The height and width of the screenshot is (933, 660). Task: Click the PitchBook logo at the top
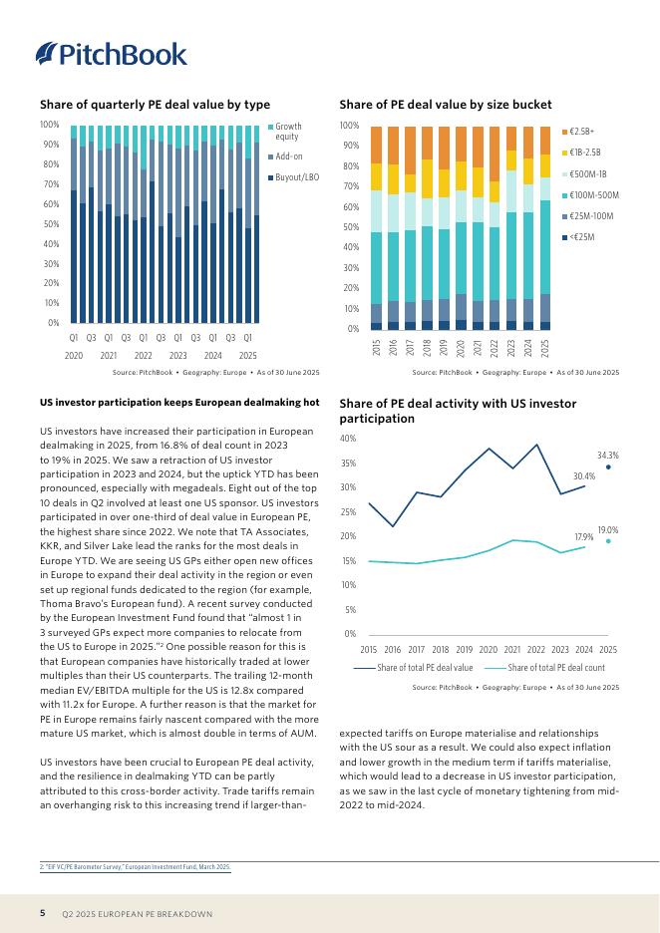(111, 54)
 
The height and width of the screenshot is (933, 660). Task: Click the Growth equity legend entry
(288, 132)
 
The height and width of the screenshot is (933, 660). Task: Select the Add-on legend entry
(288, 156)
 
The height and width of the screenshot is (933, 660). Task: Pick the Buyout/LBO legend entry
(295, 177)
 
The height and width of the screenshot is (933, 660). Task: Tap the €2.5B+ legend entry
(581, 132)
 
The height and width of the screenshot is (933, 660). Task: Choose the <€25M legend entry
(581, 236)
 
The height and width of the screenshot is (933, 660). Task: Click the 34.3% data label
(608, 455)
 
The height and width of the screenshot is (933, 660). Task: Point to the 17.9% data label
(584, 537)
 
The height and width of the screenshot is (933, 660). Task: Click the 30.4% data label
(584, 476)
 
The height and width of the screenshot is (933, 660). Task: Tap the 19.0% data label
(608, 529)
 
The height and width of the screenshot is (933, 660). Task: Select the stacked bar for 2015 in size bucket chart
(376, 227)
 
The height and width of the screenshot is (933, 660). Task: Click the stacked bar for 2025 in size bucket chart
(544, 227)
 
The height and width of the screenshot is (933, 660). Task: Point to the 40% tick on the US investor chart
(348, 439)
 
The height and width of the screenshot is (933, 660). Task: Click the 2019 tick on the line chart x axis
(465, 649)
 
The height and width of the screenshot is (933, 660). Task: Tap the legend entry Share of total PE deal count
(555, 667)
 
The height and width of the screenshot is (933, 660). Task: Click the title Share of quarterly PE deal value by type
(155, 105)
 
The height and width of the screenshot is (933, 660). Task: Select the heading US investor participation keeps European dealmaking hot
(179, 403)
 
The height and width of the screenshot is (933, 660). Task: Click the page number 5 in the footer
(43, 913)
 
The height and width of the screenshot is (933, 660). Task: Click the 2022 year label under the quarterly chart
(144, 356)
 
